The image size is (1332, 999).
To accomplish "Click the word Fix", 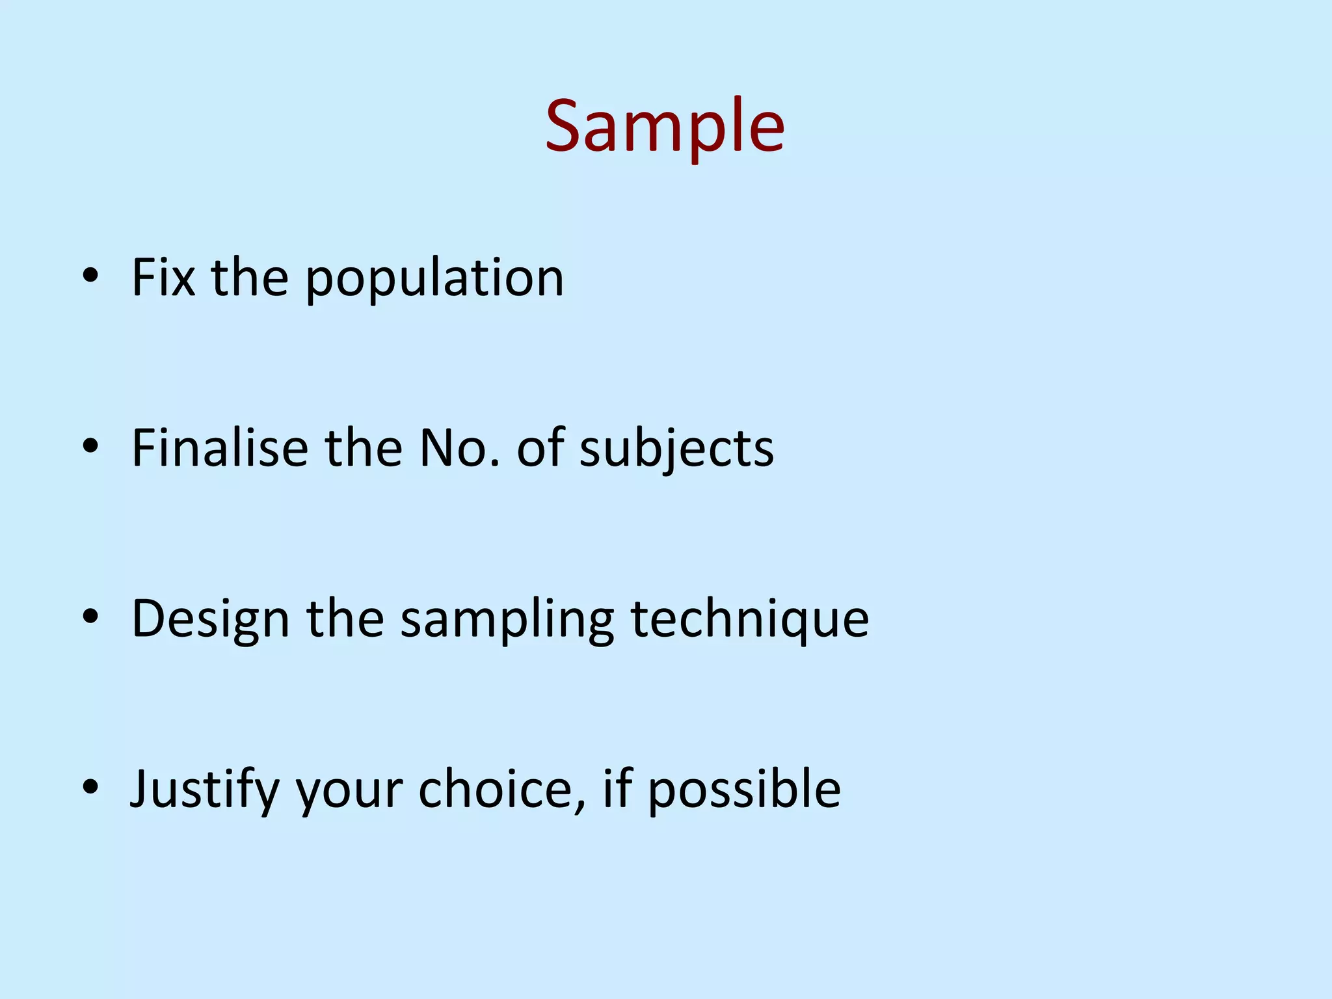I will point(163,278).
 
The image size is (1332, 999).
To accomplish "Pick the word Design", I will point(210,619).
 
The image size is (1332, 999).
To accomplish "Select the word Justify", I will point(205,790).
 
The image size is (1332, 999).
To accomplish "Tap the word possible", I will point(744,790).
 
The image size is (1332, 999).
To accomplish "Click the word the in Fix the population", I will point(250,278).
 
